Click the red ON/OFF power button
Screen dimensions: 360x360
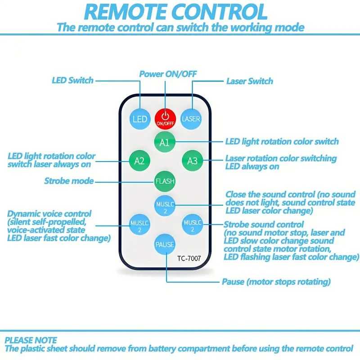pos(165,119)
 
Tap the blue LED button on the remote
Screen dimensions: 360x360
pos(140,119)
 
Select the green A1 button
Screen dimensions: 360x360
pos(165,142)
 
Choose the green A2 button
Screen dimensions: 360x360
pos(139,161)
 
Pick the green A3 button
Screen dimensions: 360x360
pos(193,161)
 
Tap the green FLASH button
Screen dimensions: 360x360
pos(165,181)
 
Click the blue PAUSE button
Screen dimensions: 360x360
pos(165,244)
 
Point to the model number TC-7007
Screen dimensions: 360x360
pos(189,258)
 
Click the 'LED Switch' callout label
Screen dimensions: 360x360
pos(72,81)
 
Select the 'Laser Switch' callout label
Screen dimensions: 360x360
pos(250,81)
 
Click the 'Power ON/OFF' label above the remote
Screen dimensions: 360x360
pos(168,74)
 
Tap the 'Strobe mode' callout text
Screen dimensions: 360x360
pos(69,181)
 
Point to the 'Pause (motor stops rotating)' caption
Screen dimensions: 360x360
pos(276,282)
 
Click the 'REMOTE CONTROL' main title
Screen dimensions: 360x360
pos(175,12)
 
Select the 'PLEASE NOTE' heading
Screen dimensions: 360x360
pos(31,340)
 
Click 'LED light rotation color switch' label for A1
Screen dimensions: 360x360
pos(282,141)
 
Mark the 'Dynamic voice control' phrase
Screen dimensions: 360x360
pos(49,214)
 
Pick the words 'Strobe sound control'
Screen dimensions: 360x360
pos(264,224)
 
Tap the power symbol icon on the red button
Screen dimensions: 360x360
pos(165,116)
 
